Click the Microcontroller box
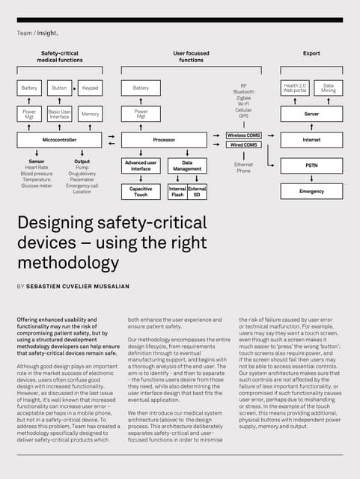click(x=60, y=140)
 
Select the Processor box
click(x=164, y=140)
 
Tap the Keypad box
click(x=91, y=88)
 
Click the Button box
click(x=60, y=88)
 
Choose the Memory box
click(x=90, y=115)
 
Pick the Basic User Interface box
click(x=60, y=115)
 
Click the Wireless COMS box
click(x=243, y=135)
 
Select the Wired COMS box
click(x=243, y=144)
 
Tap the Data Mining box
click(x=329, y=88)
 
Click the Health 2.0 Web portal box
click(x=295, y=88)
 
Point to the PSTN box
click(x=311, y=165)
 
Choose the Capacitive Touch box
click(x=141, y=192)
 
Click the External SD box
click(x=197, y=192)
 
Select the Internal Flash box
click(x=177, y=192)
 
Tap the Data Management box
click(x=187, y=165)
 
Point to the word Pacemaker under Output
click(x=82, y=180)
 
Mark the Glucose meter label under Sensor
click(x=37, y=186)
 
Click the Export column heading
click(x=311, y=54)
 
